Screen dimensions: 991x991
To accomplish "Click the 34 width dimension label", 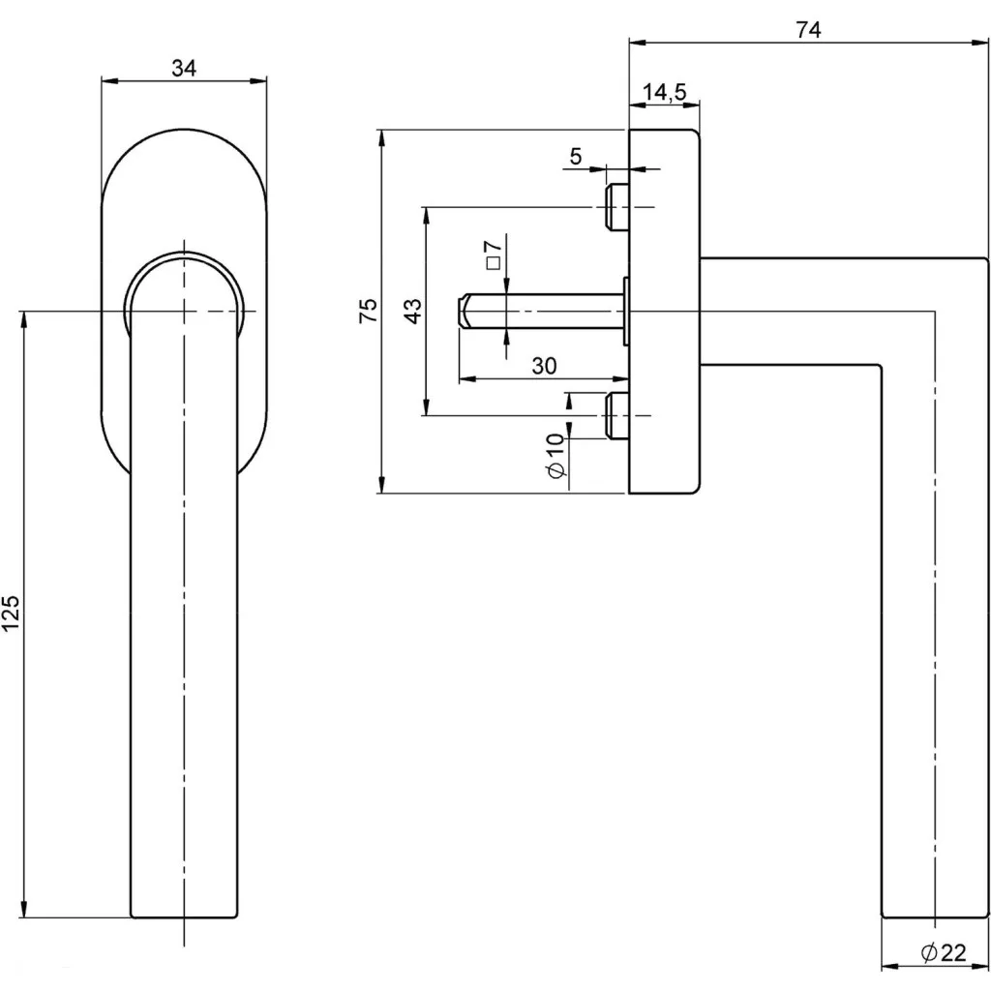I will [184, 68].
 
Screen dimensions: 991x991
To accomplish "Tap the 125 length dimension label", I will [11, 614].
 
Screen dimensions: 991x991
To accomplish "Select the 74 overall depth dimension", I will [808, 30].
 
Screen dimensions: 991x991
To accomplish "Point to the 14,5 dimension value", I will [664, 92].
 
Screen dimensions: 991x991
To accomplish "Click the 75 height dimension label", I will [368, 311].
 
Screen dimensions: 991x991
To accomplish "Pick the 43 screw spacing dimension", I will [412, 311].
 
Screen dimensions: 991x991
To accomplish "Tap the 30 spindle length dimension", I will [544, 365].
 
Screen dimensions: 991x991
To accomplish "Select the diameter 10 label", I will [555, 455].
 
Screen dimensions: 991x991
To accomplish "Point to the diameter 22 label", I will [944, 953].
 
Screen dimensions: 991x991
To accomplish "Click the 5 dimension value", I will [576, 156].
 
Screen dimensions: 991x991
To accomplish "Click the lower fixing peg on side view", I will [616, 415].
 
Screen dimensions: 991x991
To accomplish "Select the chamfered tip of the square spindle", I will [463, 311].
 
